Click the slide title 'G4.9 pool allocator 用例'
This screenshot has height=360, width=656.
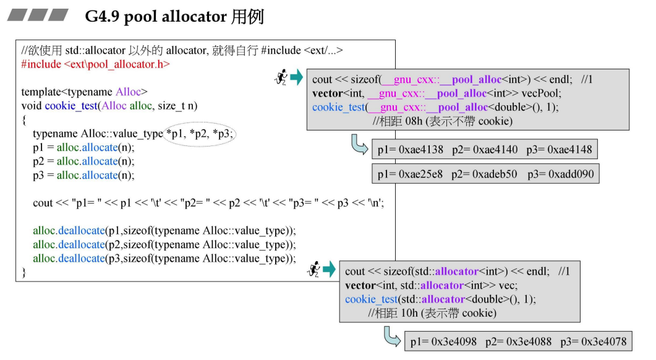click(174, 17)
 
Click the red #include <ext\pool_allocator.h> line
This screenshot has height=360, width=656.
click(95, 64)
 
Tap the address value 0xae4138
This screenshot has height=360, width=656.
click(422, 150)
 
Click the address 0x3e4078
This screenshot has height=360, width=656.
click(604, 341)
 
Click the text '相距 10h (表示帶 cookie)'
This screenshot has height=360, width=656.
click(432, 313)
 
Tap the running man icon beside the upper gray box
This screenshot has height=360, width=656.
click(281, 77)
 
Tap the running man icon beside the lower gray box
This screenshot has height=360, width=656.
click(314, 270)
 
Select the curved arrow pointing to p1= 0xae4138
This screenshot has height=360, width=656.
click(359, 145)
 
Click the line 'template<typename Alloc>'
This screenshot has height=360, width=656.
click(84, 92)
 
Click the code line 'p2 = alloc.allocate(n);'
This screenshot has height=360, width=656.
click(83, 161)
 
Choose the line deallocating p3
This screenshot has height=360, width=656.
click(164, 258)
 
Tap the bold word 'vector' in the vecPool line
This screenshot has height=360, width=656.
click(328, 93)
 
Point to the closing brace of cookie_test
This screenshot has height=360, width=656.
click(24, 272)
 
